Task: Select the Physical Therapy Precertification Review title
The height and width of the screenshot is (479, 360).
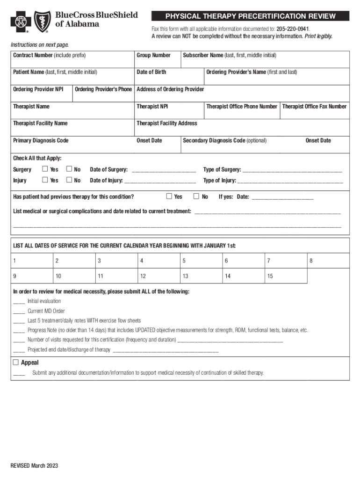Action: [250, 16]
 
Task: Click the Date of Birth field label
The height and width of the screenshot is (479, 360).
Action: [151, 72]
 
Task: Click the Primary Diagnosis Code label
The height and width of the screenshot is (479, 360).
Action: [41, 140]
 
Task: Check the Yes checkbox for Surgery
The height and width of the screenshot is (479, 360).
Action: [45, 169]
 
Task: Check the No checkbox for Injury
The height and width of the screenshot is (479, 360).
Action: [69, 180]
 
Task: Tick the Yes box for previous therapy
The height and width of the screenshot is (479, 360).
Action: [170, 196]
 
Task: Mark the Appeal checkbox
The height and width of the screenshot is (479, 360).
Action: [15, 363]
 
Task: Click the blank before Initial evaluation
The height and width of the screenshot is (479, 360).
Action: [19, 302]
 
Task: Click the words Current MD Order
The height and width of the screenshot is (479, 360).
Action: [46, 311]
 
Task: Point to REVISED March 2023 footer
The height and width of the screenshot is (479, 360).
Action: [35, 466]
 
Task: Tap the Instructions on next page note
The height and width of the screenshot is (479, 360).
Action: [40, 45]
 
